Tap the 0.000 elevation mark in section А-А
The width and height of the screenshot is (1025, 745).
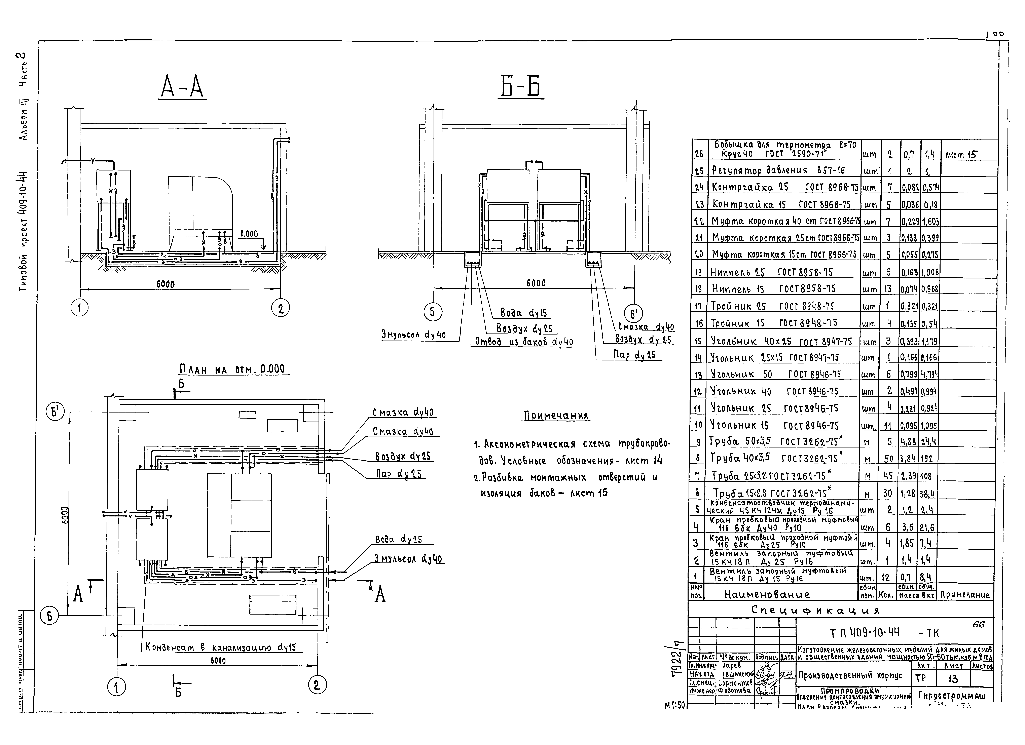(x=249, y=234)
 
